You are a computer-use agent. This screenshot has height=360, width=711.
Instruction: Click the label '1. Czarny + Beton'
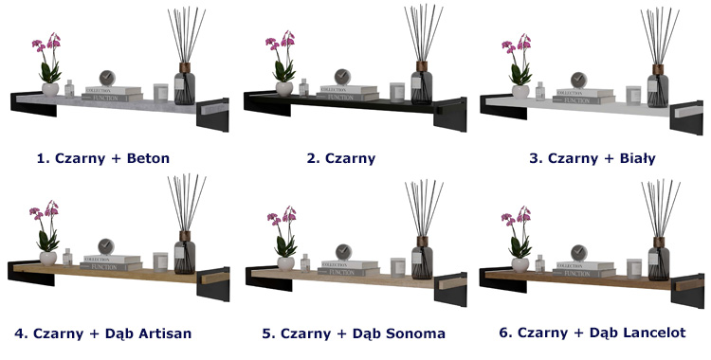click(x=103, y=158)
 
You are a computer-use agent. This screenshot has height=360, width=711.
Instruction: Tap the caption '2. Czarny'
click(x=341, y=158)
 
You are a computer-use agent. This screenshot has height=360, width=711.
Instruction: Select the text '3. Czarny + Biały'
click(x=592, y=158)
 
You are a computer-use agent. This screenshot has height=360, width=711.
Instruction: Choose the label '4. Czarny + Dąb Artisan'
click(x=103, y=333)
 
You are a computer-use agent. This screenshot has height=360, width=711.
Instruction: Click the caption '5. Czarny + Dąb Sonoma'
click(x=354, y=333)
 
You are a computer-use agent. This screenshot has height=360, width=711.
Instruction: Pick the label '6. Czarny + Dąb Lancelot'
click(x=592, y=333)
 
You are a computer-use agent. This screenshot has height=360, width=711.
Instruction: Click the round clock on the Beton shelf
click(x=107, y=78)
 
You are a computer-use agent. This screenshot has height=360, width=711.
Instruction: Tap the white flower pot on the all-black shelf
click(x=284, y=88)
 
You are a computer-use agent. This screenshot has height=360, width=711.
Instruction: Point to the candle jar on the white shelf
click(x=633, y=96)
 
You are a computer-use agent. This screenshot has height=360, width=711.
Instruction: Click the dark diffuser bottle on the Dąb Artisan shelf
click(x=185, y=253)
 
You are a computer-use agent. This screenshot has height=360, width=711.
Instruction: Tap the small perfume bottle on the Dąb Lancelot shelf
click(x=539, y=264)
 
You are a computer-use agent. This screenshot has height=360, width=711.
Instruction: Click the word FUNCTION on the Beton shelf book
click(x=108, y=98)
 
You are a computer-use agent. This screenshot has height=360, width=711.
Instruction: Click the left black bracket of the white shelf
click(x=503, y=107)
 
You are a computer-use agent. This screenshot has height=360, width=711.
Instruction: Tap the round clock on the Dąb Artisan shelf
click(x=106, y=247)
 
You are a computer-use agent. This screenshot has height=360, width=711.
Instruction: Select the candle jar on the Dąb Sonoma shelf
click(x=397, y=267)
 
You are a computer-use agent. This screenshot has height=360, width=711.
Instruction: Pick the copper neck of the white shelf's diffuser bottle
click(x=658, y=69)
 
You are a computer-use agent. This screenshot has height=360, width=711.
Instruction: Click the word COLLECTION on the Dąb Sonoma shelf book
click(x=335, y=264)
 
